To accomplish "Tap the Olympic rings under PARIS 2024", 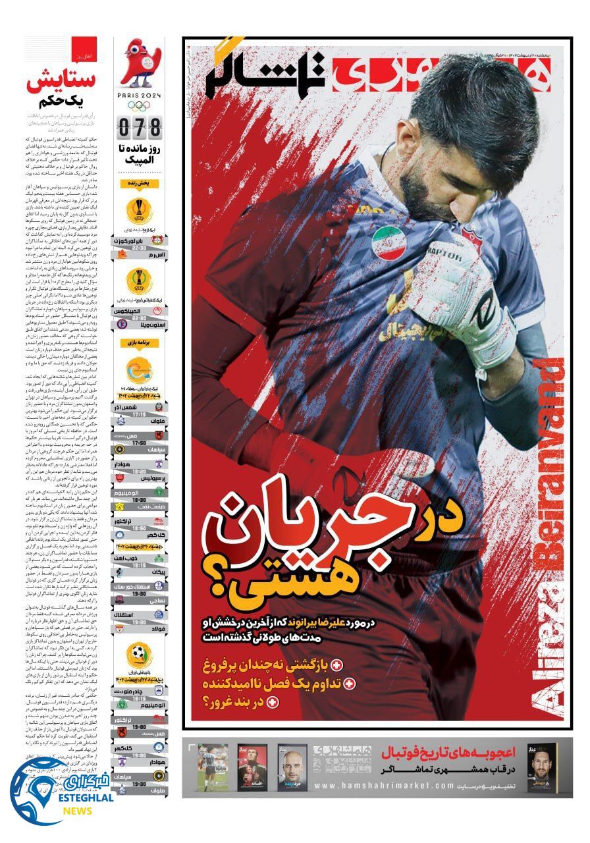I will [140, 105].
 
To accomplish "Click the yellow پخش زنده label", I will [139, 182].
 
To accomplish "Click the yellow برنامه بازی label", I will [139, 343].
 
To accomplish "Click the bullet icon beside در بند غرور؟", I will [273, 703].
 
